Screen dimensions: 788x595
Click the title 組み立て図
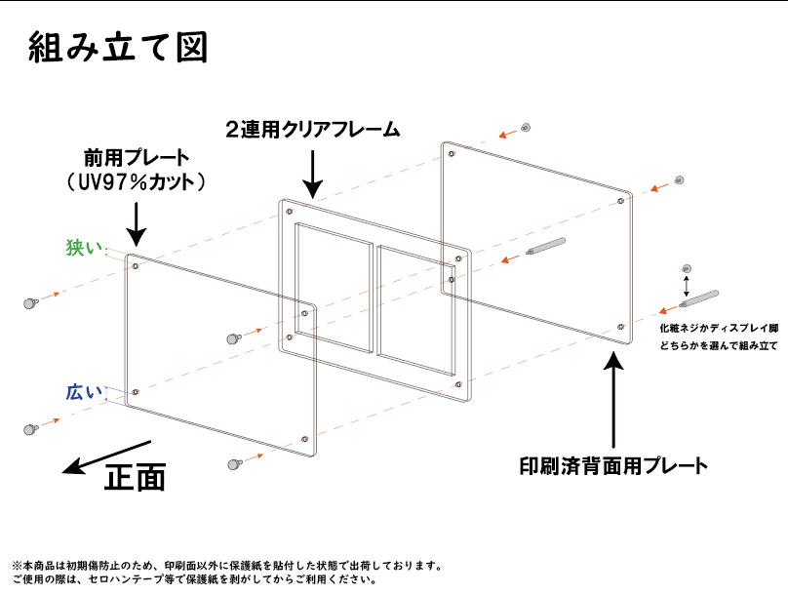(x=118, y=47)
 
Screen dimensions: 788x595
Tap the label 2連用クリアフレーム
(x=313, y=130)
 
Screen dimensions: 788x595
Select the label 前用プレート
(x=137, y=158)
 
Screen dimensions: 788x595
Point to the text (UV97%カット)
(x=136, y=181)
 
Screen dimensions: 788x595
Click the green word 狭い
(x=84, y=247)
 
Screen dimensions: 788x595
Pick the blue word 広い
(x=84, y=392)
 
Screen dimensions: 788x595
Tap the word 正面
(x=135, y=476)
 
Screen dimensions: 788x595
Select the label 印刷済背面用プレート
(x=613, y=466)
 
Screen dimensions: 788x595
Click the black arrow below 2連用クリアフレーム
(x=313, y=174)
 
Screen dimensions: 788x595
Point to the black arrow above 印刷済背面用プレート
(x=613, y=399)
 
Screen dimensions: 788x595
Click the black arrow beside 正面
(x=106, y=457)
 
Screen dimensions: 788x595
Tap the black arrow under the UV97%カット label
(x=136, y=224)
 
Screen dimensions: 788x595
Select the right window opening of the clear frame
(x=415, y=311)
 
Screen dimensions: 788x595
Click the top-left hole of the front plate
(x=136, y=265)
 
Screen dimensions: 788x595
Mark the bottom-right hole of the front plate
(x=304, y=440)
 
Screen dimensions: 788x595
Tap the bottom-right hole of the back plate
(x=620, y=327)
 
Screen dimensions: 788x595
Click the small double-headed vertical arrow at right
(x=686, y=286)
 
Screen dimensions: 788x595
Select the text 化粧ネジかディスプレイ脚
(x=719, y=328)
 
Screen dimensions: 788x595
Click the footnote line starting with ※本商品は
(x=227, y=566)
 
